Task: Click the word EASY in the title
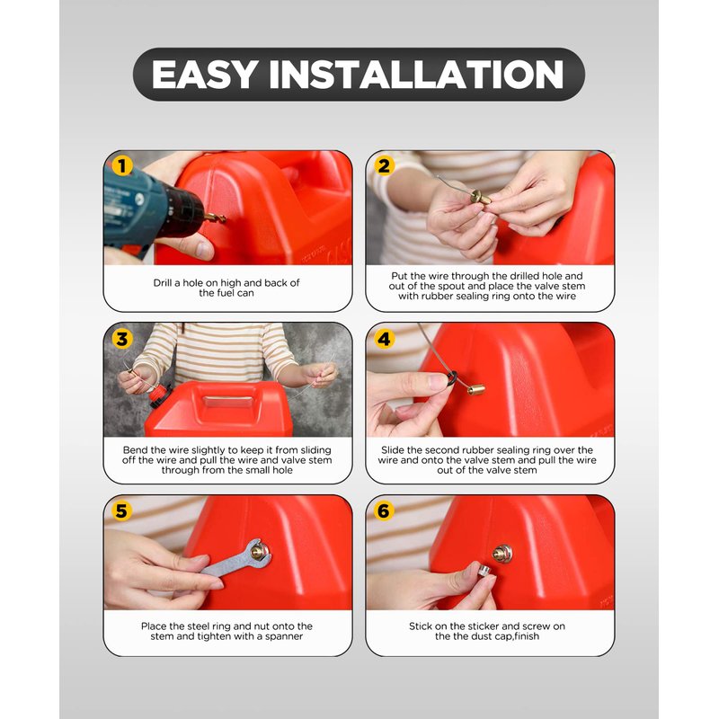(204, 75)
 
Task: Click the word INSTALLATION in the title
(416, 75)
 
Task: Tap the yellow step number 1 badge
(122, 166)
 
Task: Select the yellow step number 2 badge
(385, 166)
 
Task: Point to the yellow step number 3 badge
(122, 340)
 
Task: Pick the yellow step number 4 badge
(385, 340)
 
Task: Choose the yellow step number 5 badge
(122, 510)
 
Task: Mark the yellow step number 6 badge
(385, 510)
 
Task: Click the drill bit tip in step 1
(224, 219)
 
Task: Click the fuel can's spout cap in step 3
(159, 396)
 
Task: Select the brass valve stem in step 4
(476, 389)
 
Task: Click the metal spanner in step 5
(236, 558)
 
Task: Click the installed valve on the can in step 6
(502, 555)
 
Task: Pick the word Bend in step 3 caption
(135, 450)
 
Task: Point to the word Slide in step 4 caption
(393, 450)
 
